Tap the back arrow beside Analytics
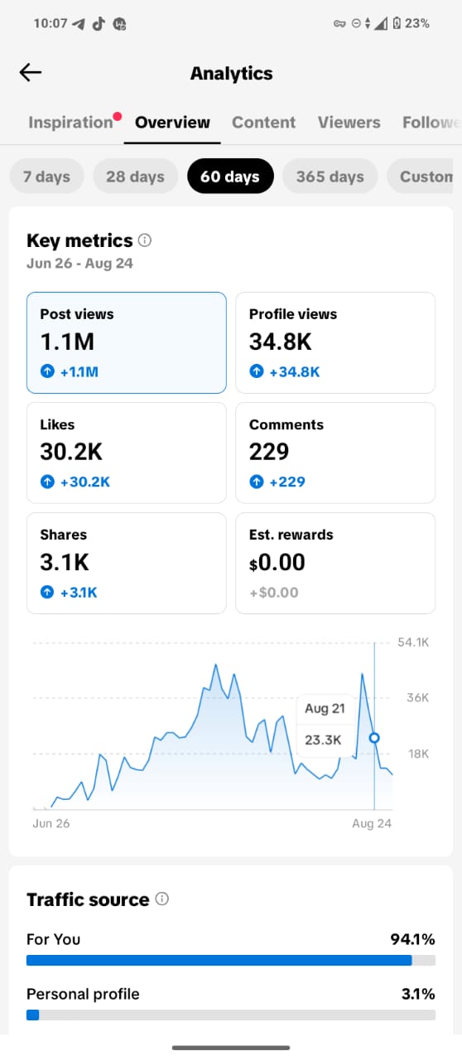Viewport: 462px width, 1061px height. pos(31,72)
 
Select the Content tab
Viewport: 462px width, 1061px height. pos(263,122)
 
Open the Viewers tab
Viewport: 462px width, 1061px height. pos(349,122)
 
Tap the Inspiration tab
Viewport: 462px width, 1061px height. pos(70,122)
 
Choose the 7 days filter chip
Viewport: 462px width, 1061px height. pos(46,177)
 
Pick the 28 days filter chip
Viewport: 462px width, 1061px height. pos(136,177)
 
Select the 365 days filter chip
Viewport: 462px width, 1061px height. pos(330,177)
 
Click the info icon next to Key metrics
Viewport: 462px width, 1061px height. pos(145,240)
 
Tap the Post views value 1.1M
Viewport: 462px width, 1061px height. pos(67,342)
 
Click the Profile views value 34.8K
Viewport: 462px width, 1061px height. pos(280,342)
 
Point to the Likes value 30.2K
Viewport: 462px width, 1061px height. pos(71,452)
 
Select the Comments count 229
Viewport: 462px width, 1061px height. pos(269,452)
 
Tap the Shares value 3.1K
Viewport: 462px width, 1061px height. pos(65,562)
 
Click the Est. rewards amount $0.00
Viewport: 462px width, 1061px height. pos(277,562)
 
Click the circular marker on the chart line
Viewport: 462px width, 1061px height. pos(374,738)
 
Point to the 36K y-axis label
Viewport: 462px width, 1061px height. pos(417,697)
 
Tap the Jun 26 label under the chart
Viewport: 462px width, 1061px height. pos(51,823)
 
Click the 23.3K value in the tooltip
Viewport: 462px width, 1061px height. pos(323,739)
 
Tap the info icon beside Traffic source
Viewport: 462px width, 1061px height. pos(162,899)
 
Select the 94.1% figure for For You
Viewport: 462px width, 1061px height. pos(412,939)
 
